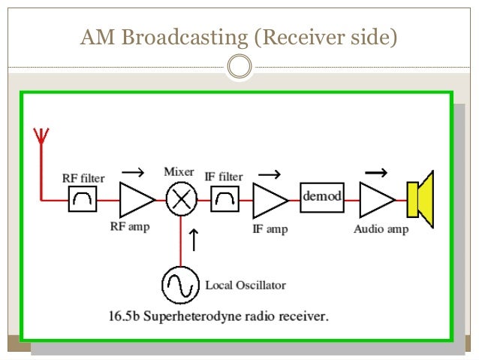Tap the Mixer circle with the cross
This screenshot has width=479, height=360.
pyautogui.click(x=180, y=200)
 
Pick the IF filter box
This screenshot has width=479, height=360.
pyautogui.click(x=224, y=199)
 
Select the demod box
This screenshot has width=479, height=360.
pyautogui.click(x=322, y=197)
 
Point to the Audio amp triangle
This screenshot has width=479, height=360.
pyautogui.click(x=376, y=200)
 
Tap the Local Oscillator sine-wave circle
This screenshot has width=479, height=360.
pyautogui.click(x=180, y=285)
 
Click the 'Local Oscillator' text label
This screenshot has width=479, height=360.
pyautogui.click(x=246, y=286)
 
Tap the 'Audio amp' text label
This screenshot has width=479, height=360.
pyautogui.click(x=381, y=229)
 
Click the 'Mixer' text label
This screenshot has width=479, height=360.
pyautogui.click(x=179, y=171)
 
